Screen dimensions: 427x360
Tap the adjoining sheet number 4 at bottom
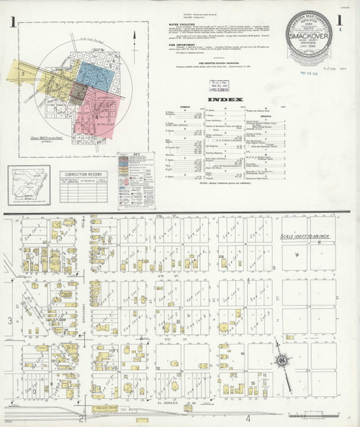click(x=248, y=418)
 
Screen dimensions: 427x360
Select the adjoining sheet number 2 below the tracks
click(x=84, y=418)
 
